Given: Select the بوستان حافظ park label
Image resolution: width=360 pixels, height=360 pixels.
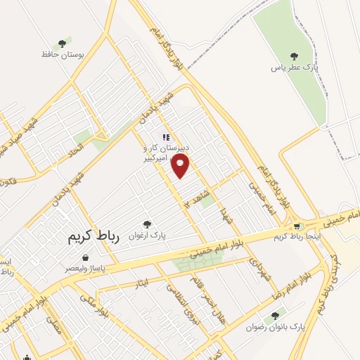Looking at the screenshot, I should click(x=64, y=53).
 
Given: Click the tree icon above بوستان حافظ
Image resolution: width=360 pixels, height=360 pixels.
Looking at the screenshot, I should click(x=64, y=42).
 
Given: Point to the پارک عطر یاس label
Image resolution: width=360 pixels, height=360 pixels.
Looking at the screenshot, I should click(x=291, y=68).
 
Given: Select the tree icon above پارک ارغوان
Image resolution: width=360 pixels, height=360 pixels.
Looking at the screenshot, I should click(x=146, y=224).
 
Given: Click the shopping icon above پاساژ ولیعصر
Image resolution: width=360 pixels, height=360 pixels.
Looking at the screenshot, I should click(x=86, y=257).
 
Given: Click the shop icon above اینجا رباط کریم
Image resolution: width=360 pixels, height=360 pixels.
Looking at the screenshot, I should click(x=297, y=226).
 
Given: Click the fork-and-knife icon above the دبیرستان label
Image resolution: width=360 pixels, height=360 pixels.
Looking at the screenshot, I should click(x=166, y=138).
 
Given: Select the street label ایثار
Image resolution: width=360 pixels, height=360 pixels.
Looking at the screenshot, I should click(x=141, y=285).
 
